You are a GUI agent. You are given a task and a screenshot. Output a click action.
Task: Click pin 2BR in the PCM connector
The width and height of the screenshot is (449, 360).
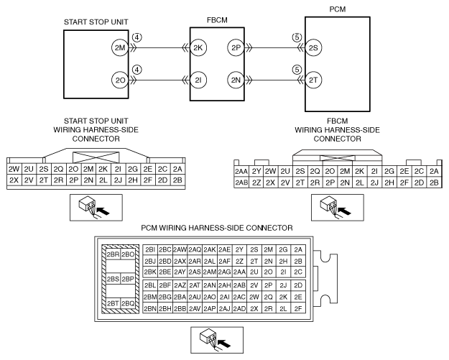[x=111, y=254]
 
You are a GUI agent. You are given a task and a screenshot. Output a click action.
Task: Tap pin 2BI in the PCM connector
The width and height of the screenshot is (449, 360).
[x=150, y=249]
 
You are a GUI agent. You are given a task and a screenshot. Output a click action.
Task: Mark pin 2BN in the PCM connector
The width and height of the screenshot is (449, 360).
[x=150, y=308]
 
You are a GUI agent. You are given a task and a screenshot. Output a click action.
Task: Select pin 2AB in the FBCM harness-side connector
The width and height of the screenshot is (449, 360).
[x=242, y=183]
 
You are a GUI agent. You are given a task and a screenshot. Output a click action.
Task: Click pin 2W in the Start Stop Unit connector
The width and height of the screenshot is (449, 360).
[x=13, y=168]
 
